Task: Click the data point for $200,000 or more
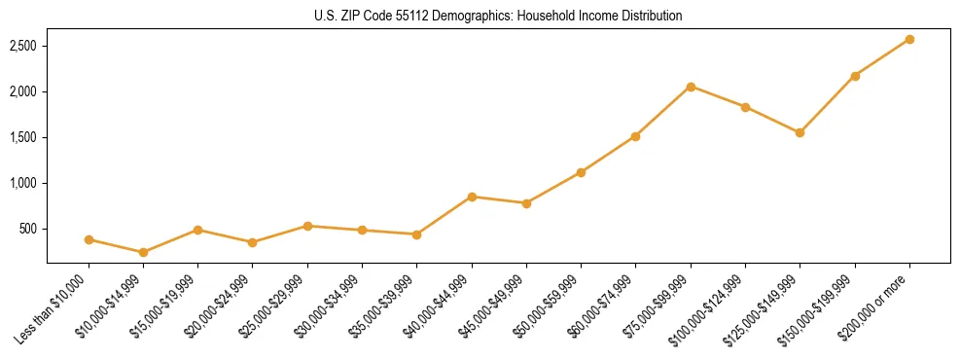(909, 39)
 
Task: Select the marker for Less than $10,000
(89, 239)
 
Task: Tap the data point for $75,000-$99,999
(691, 87)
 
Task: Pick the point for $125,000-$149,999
(800, 132)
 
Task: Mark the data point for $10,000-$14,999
(144, 252)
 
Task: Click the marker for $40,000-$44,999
(472, 197)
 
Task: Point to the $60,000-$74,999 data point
(635, 136)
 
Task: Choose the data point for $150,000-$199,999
(855, 76)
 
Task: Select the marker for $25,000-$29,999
(307, 226)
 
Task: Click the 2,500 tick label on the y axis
(23, 46)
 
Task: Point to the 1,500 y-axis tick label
(23, 137)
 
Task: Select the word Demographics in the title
(453, 16)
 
